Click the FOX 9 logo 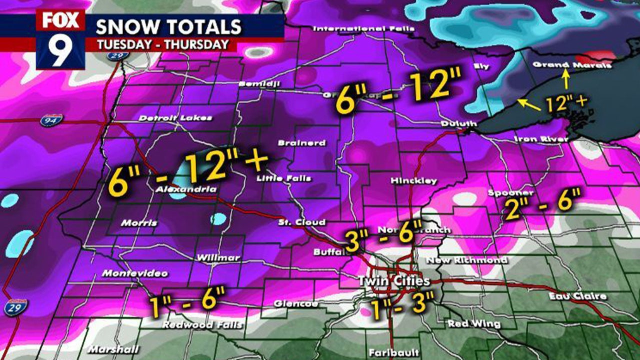click(x=60, y=39)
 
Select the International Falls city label click(x=363, y=28)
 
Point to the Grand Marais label click(x=572, y=65)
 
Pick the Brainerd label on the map click(x=301, y=143)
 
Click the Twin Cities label click(x=394, y=281)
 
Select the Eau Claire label click(x=577, y=296)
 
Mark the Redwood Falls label click(x=202, y=325)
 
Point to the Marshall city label click(x=107, y=349)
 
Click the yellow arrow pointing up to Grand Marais click(x=566, y=79)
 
